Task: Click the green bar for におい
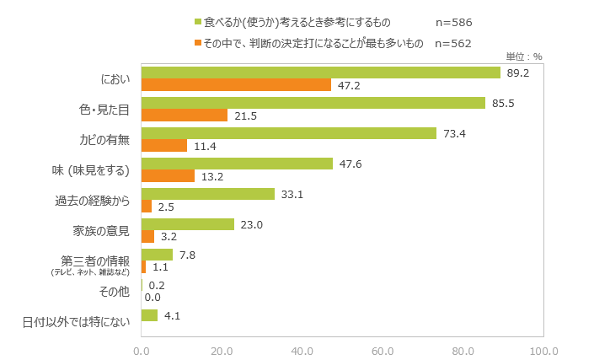pos(321,73)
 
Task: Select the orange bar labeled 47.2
pos(236,84)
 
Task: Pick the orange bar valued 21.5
pos(185,115)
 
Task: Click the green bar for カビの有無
pos(289,133)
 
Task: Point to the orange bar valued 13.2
pos(168,175)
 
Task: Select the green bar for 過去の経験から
pos(208,194)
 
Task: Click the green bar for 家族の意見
pos(188,224)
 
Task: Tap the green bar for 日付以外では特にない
pos(149,315)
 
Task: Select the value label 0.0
pos(153,297)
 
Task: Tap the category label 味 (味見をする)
pos(90,170)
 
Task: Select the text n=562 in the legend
pos(452,43)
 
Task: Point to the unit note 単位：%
pos(523,56)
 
